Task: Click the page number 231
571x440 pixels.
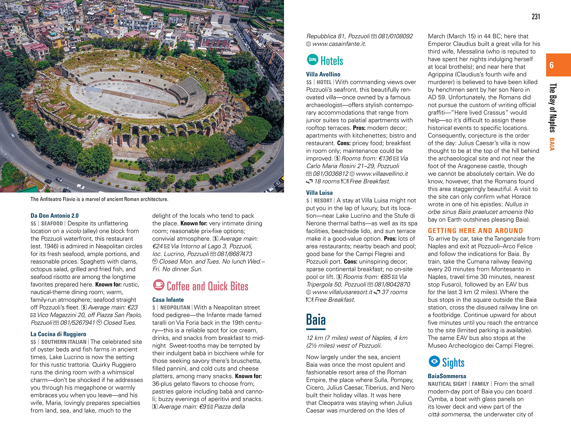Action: point(536,17)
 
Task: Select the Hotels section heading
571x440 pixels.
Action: point(331,61)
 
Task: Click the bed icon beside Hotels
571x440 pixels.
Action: point(312,60)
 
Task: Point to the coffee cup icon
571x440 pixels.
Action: point(158,285)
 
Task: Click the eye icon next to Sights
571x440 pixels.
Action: point(434,361)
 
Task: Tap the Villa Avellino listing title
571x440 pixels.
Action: point(323,74)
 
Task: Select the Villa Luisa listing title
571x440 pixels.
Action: point(319,193)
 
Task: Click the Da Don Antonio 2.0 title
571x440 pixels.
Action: point(54,216)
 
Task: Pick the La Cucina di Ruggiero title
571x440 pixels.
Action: point(58,334)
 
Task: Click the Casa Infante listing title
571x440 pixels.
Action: point(168,300)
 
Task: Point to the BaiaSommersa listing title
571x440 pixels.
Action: point(447,376)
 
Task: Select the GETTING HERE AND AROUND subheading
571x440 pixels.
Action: point(475,231)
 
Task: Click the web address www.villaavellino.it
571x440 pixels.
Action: point(382,174)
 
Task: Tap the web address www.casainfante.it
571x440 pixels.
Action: point(339,44)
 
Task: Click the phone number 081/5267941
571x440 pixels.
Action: point(77,323)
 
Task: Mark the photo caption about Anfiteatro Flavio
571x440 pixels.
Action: point(99,199)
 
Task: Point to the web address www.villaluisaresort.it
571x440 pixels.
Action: point(342,292)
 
